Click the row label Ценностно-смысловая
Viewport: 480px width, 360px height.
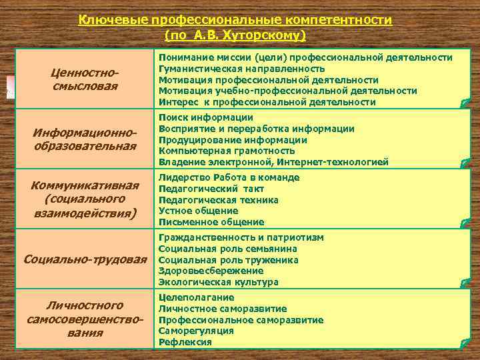(84, 79)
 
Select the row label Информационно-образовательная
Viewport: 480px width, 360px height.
(84, 139)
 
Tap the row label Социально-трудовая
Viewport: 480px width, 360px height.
(84, 259)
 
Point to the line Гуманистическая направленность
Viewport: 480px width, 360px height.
(241, 69)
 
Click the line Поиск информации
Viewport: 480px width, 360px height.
(205, 117)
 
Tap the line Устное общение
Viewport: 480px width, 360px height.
(198, 211)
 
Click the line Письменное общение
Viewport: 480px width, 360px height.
(211, 222)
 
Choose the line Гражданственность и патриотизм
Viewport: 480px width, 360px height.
(241, 237)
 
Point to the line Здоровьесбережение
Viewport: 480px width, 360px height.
(211, 271)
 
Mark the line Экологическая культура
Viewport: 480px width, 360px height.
(218, 282)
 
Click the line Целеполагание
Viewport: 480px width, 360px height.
(196, 297)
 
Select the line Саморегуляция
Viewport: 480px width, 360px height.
(196, 331)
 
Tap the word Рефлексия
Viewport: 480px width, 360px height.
(185, 342)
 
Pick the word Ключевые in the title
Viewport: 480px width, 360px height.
(109, 20)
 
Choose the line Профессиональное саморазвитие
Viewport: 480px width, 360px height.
(241, 320)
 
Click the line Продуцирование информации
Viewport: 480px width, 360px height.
(233, 140)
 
